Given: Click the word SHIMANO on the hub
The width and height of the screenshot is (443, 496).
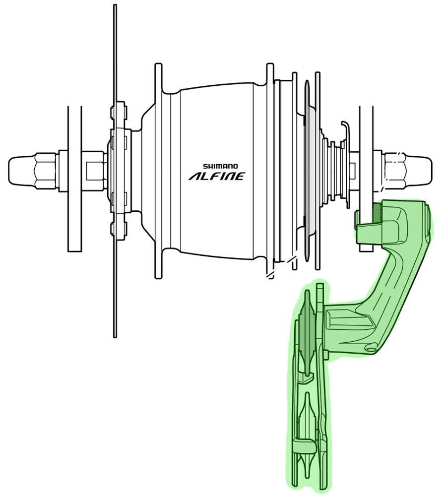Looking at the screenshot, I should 220,167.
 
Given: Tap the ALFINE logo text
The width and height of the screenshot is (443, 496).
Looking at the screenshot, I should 217,176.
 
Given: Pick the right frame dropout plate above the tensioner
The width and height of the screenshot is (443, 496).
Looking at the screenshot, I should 366,149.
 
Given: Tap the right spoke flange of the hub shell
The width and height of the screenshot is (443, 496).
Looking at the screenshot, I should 270,169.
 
